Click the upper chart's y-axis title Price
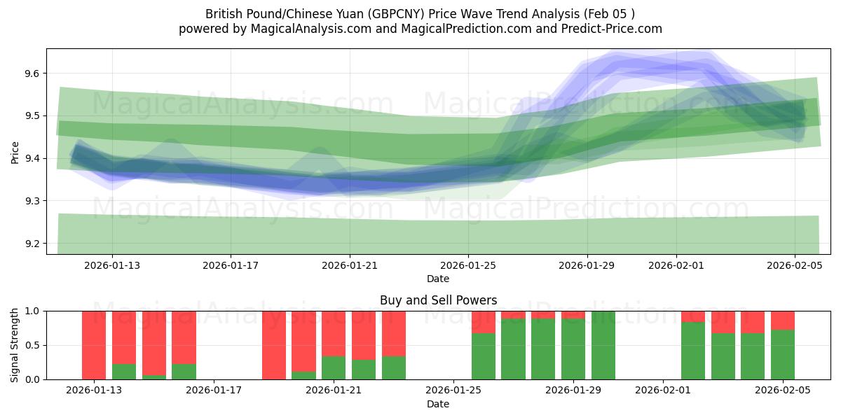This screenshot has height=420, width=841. [x=15, y=151]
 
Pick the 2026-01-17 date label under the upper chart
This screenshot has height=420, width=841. [x=231, y=266]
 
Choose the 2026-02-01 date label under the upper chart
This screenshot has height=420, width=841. [x=676, y=266]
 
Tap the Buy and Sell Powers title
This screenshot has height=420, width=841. [x=438, y=300]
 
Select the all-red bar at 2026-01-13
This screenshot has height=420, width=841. [x=94, y=344]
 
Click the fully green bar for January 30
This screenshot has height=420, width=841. [x=603, y=344]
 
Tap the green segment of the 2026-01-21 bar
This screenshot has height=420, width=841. [x=334, y=367]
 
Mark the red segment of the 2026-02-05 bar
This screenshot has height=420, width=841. [x=783, y=320]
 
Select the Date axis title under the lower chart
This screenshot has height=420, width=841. [x=438, y=404]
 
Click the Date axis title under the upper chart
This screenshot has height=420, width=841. [x=438, y=279]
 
